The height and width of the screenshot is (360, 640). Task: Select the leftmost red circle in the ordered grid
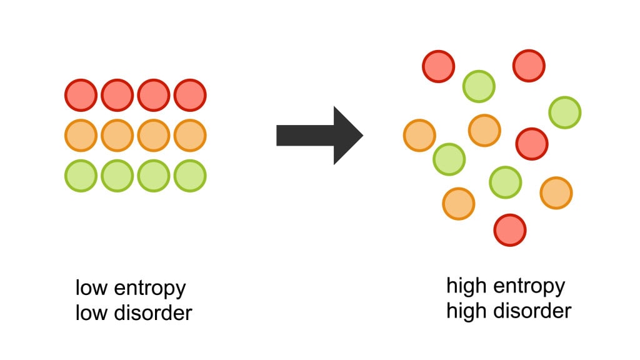pos(81,96)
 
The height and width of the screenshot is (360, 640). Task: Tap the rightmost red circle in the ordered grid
pos(190,96)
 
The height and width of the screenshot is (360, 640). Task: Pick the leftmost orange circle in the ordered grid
pos(81,136)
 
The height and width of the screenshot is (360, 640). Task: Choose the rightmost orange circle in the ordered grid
pos(190,136)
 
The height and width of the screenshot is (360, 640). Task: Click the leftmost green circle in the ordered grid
pos(81,176)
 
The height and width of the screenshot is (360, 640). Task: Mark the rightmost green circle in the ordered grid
pos(190,176)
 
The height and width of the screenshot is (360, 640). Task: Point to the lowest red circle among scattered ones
pos(509,229)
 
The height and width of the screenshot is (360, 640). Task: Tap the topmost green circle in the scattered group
pos(479,86)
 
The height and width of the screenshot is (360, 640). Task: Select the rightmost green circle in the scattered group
pos(565,112)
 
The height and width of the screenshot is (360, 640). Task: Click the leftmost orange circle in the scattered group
pos(419,135)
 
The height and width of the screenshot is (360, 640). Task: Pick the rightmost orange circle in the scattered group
pos(556,192)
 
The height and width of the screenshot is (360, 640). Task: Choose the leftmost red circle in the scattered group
pos(438,66)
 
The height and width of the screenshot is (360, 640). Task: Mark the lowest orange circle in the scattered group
pos(459,204)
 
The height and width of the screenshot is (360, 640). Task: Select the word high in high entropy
pos(466,286)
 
